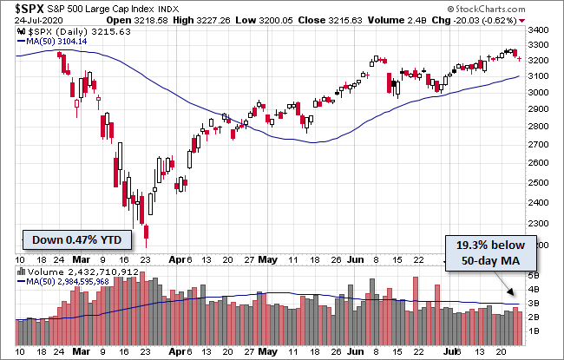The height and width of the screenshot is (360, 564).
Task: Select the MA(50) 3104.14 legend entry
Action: pos(58,41)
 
